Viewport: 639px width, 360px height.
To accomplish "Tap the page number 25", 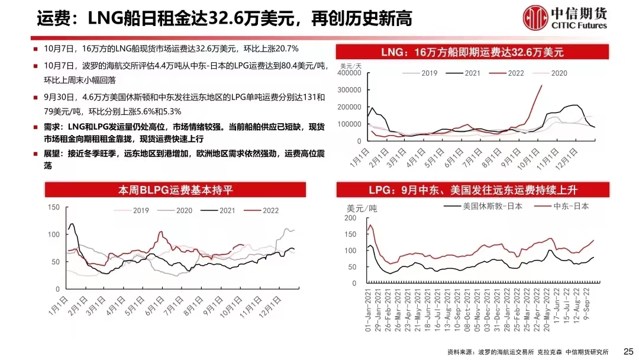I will (x=628, y=351).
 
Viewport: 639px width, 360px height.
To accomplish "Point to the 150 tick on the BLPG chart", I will (x=54, y=207).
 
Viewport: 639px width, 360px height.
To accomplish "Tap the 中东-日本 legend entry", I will (x=571, y=206).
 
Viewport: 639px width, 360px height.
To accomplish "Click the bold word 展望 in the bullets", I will (x=52, y=153).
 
